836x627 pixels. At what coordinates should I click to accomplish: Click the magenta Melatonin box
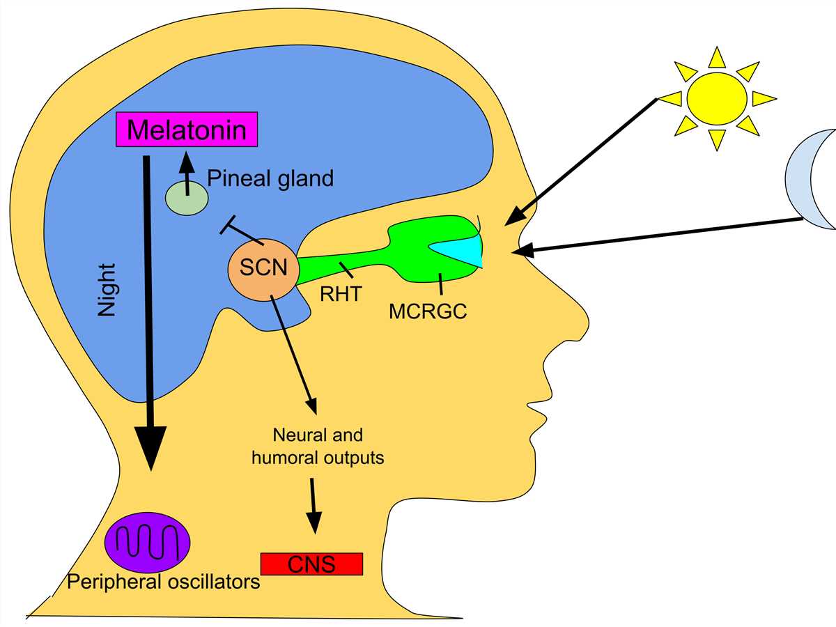click(186, 129)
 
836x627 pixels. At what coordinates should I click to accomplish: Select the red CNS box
click(311, 564)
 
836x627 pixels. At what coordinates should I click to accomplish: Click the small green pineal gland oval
click(187, 197)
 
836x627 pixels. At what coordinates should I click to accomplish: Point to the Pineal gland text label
click(271, 178)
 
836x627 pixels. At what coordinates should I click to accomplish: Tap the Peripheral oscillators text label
click(163, 581)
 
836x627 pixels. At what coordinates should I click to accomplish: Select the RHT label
click(341, 294)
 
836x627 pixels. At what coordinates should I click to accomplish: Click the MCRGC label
click(427, 311)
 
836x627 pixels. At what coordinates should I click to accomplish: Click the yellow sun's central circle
click(716, 98)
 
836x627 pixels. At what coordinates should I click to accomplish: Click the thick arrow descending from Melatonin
click(148, 307)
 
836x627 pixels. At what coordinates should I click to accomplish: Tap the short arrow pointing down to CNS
click(313, 505)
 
